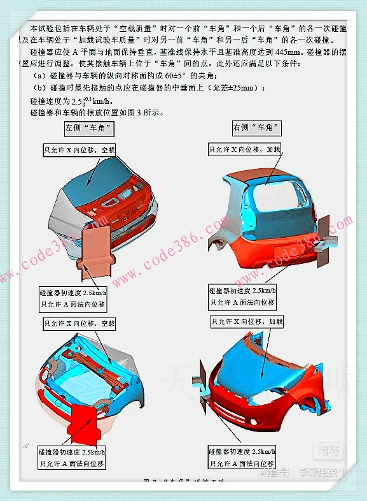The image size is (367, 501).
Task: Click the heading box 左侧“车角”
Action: pos(90,128)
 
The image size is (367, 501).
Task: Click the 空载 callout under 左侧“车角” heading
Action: pos(80,150)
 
